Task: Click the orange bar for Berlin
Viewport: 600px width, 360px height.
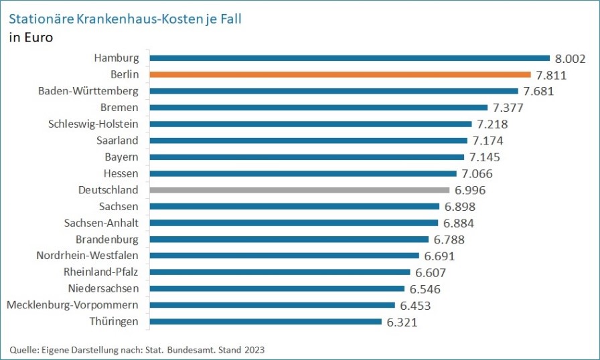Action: [340, 74]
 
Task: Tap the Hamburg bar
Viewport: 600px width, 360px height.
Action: [349, 58]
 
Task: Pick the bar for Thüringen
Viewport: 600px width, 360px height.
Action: [265, 322]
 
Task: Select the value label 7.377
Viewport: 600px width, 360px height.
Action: [507, 108]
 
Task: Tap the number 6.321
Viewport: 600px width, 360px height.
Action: [400, 322]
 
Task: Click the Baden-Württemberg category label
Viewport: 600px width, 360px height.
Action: [88, 91]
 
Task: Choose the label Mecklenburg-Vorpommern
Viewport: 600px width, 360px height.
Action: [72, 305]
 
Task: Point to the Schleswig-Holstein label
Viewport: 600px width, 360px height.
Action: [94, 124]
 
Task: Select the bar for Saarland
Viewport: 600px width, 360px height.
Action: [308, 141]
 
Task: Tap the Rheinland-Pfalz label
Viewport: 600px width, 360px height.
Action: [101, 272]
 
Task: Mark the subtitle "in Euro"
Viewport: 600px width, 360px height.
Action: [31, 37]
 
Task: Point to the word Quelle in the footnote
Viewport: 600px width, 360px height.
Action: [22, 350]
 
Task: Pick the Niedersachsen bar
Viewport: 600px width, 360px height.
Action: [277, 288]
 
